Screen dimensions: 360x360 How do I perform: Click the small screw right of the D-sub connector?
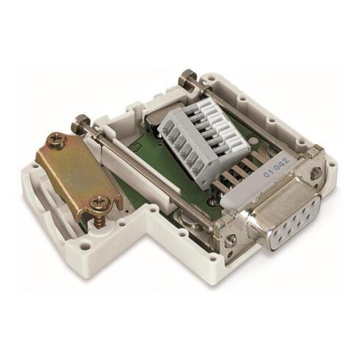tap(314, 173)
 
